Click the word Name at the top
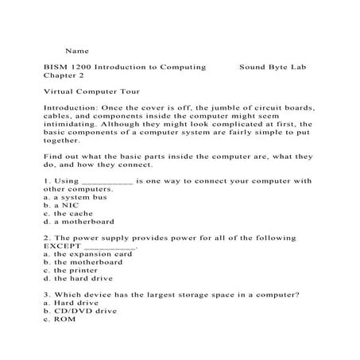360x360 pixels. click(76, 50)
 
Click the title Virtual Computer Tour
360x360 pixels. click(92, 92)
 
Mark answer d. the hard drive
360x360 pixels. click(79, 279)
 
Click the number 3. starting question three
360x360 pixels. click(48, 295)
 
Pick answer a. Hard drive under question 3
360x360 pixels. click(72, 303)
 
